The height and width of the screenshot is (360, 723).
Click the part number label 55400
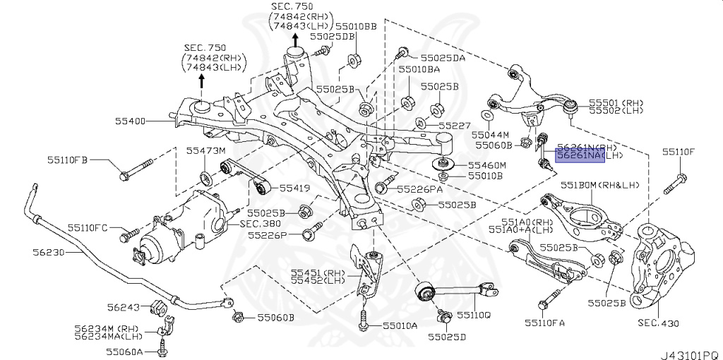point(131,121)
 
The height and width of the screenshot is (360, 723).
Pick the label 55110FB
point(68,160)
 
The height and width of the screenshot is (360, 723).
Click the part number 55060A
point(124,351)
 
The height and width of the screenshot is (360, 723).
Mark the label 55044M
point(491,133)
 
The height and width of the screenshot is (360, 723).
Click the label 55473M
point(205,150)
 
